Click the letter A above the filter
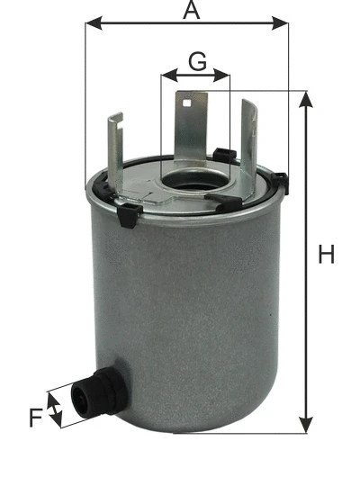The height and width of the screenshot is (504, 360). pyautogui.click(x=190, y=10)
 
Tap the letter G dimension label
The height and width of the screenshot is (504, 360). pyautogui.click(x=197, y=62)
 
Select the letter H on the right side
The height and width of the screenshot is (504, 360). pyautogui.click(x=328, y=255)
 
